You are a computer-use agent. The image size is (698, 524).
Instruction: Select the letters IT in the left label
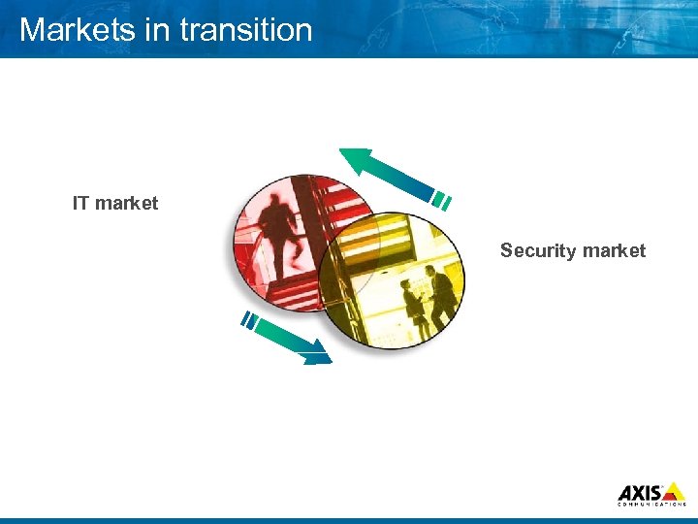click(81, 203)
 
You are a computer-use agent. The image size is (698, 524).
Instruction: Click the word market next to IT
click(127, 203)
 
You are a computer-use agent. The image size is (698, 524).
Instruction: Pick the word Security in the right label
click(534, 250)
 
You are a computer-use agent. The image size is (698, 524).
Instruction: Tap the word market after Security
click(610, 250)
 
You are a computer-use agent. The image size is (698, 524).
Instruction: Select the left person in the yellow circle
click(414, 303)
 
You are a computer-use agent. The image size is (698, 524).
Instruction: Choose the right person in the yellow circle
click(441, 296)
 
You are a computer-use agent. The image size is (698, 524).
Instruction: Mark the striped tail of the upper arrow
click(441, 201)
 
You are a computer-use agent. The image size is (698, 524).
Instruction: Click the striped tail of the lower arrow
click(250, 320)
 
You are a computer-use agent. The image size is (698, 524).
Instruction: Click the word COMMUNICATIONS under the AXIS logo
click(651, 505)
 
